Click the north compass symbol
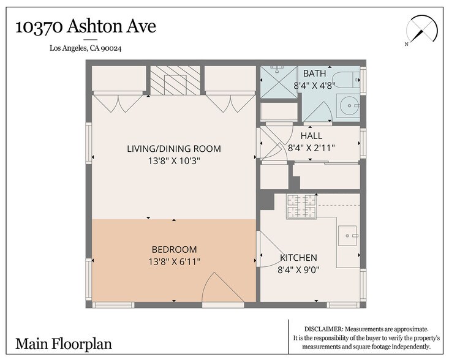tap(421, 30)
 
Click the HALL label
tap(311, 136)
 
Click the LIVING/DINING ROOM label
tap(174, 149)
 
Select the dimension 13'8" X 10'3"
tap(174, 161)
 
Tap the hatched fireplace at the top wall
tap(175, 80)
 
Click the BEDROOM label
tap(174, 249)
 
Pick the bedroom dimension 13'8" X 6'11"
tap(174, 261)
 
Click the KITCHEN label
tap(298, 258)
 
